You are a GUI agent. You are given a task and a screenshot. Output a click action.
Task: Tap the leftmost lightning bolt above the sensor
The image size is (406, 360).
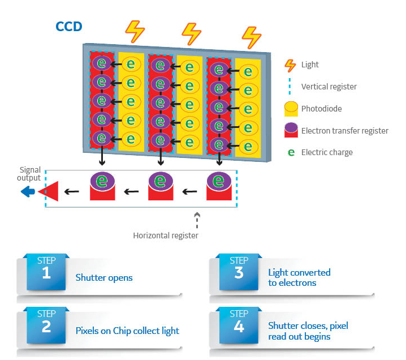click(135, 32)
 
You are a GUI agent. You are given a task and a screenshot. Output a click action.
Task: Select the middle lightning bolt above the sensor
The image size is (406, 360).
click(192, 33)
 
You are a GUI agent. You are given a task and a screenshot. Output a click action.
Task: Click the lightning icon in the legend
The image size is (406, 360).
click(290, 65)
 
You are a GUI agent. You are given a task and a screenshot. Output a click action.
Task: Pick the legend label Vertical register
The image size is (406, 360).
click(329, 87)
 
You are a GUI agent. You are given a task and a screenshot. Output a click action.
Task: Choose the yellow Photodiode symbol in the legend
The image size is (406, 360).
click(290, 108)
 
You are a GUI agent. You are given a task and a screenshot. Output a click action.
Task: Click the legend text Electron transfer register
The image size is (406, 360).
click(345, 131)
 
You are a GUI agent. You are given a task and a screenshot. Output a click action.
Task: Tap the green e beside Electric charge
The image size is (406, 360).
click(291, 152)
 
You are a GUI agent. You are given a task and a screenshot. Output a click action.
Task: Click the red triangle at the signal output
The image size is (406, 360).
click(49, 192)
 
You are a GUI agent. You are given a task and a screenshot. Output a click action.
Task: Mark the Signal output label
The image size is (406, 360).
click(30, 173)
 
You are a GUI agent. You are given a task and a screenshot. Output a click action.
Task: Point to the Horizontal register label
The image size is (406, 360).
click(165, 235)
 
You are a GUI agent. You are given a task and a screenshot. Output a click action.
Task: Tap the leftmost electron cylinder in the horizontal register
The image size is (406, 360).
click(102, 186)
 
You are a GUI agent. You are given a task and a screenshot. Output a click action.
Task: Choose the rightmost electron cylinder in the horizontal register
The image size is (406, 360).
click(219, 186)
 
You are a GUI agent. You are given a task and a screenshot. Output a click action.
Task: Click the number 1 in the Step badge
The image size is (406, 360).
click(46, 273)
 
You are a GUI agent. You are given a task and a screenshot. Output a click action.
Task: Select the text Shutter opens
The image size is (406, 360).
click(104, 278)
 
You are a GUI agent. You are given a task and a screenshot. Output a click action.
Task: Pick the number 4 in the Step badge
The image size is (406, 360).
click(239, 326)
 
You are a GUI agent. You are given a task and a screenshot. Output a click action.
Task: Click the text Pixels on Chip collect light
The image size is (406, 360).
click(127, 331)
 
